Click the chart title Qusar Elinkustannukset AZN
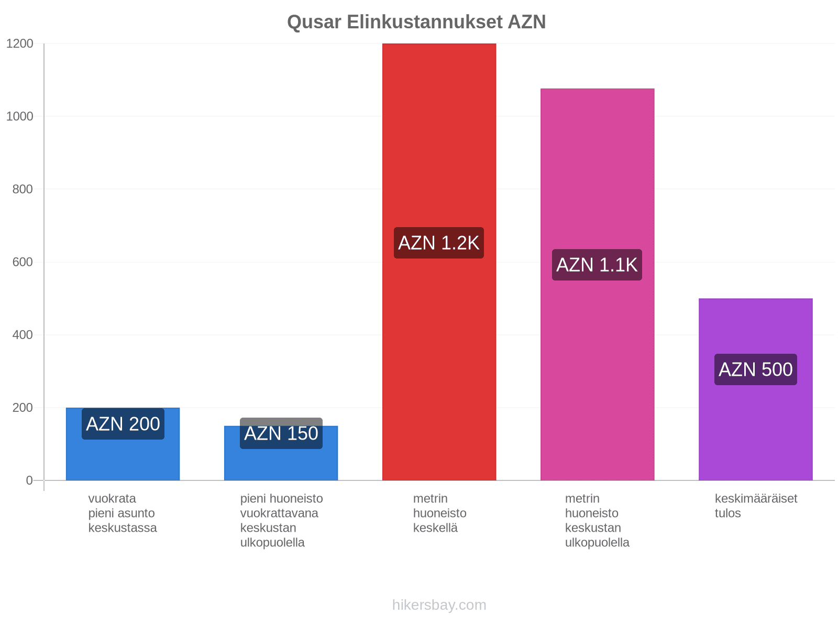click(416, 22)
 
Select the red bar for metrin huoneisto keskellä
click(439, 262)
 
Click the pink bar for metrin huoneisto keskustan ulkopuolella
click(597, 285)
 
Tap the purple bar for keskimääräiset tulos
click(756, 389)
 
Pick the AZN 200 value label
click(123, 424)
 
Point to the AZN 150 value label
click(281, 433)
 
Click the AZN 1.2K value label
click(439, 243)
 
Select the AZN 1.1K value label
click(597, 265)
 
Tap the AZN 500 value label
click(756, 369)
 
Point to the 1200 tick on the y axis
click(20, 43)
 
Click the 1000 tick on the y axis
click(20, 116)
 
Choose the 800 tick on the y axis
click(23, 189)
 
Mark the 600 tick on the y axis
click(23, 262)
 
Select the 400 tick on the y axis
click(23, 335)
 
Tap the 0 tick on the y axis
click(29, 480)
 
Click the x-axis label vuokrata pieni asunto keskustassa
click(123, 513)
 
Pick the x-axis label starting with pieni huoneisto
click(281, 520)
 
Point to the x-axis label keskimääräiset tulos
click(756, 506)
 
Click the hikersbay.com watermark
click(439, 605)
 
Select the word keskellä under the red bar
click(435, 528)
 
